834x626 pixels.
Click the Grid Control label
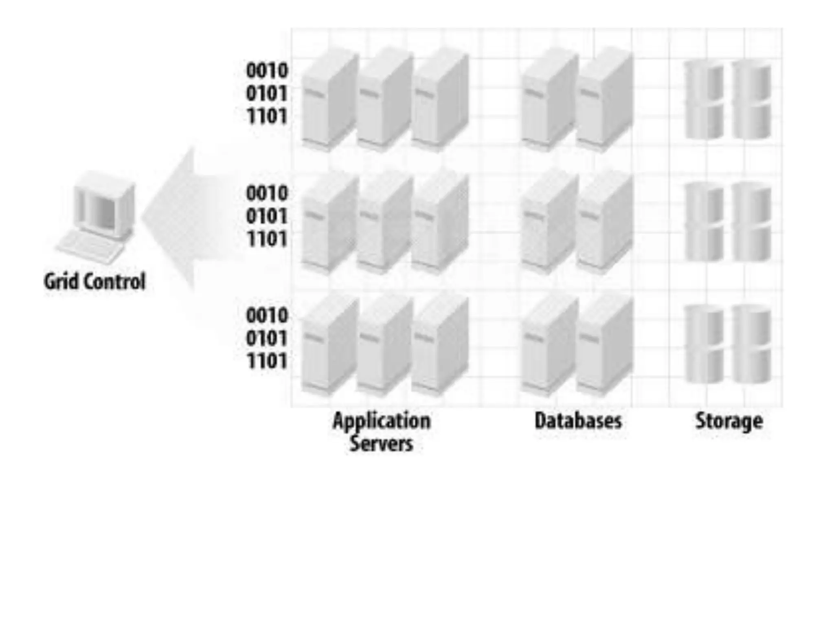tap(94, 282)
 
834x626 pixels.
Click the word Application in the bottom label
tap(381, 421)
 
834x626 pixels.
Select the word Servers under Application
tap(381, 443)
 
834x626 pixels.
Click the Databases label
tap(578, 421)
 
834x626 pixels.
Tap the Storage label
tap(729, 421)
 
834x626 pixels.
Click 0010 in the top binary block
tap(267, 71)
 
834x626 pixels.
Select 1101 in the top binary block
tap(267, 117)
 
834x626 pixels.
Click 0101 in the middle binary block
tap(267, 216)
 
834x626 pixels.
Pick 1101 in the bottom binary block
tap(267, 361)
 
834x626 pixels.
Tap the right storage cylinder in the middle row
tap(752, 222)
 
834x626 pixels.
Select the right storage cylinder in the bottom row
tap(752, 344)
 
